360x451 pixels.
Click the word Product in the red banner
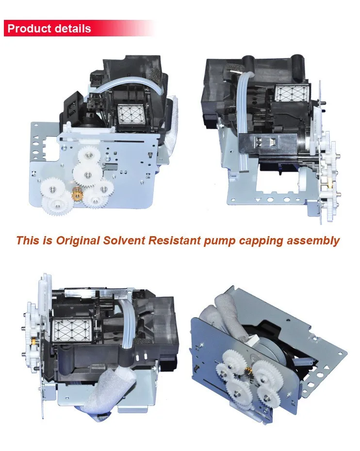[x=30, y=29]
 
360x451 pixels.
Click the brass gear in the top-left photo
[x=77, y=194]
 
